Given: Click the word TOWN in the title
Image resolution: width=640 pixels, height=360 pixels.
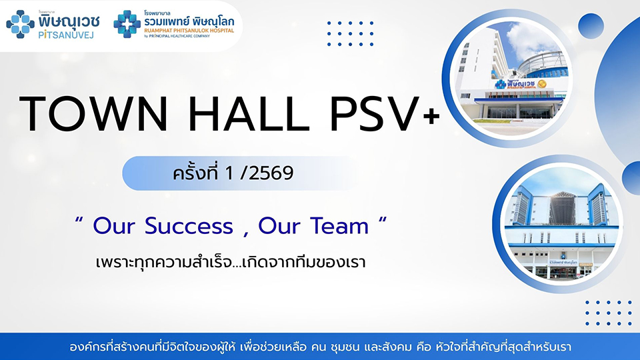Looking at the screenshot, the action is pos(93,114).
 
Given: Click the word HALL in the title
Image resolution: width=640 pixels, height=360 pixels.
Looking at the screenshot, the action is pos(249,114).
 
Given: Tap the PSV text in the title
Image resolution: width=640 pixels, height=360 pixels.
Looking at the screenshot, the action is pos(374,114).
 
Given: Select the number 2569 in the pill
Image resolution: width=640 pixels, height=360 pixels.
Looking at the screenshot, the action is pos(271,173).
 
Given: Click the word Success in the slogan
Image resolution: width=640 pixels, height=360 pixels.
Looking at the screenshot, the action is pos(189,226).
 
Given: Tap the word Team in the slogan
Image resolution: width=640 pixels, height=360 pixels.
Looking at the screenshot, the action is pos(339,226).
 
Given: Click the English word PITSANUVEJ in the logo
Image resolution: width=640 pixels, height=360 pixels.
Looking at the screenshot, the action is pos(66,35).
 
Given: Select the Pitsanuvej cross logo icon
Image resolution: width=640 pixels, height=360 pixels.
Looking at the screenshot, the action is pos(21,25).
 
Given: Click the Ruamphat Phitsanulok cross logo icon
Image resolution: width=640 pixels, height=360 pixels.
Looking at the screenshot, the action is pos(127,24).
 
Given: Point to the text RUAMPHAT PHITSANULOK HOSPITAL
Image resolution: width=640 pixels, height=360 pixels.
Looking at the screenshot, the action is pos(189,30).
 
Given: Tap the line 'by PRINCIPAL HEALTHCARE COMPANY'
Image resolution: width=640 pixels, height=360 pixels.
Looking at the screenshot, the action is pos(177,36).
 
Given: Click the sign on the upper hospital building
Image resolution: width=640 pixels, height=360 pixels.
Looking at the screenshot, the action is pos(521,84).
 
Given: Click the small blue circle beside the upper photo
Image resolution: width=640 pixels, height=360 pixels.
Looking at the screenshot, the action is pos(591,26).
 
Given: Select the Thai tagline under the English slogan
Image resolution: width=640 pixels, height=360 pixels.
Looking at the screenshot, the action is pos(230,262).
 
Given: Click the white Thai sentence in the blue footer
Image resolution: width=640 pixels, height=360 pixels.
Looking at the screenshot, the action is pos(320,347).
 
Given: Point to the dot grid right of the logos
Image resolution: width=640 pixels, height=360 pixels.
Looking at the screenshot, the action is pos(350,33).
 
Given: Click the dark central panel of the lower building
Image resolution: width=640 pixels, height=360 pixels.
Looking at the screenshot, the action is pos(562,207).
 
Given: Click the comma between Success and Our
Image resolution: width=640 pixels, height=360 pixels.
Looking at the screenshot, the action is pos(246,234).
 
